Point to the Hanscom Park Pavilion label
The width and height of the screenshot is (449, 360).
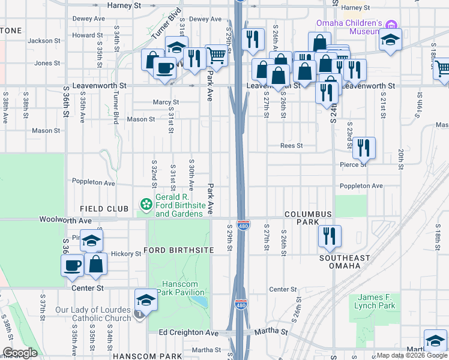point(181,288)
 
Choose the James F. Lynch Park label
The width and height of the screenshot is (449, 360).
point(376,301)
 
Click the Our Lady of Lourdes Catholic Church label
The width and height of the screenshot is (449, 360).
point(93,314)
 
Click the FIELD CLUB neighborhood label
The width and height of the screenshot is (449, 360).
point(104,209)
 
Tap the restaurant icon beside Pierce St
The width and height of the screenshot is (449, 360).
point(363,148)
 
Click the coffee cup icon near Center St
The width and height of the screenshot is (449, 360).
point(73,265)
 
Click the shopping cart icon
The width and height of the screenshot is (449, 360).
point(216,56)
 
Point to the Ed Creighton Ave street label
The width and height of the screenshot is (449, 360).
point(188,332)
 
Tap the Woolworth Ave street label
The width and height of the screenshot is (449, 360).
point(65,220)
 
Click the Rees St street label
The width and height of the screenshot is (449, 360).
point(291,146)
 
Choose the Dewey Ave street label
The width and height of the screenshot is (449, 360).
point(88,19)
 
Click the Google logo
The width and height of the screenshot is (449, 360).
point(20,353)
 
